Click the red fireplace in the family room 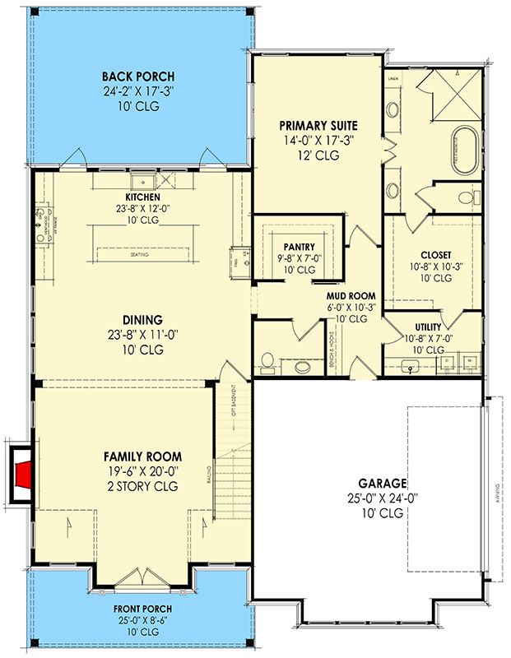click(25, 475)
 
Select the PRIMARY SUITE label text click(318, 125)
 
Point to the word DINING click(142, 320)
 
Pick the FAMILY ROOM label click(142, 456)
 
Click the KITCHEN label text click(142, 197)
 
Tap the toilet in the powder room click(267, 359)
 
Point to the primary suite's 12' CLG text click(318, 155)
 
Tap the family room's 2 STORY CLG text click(142, 486)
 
